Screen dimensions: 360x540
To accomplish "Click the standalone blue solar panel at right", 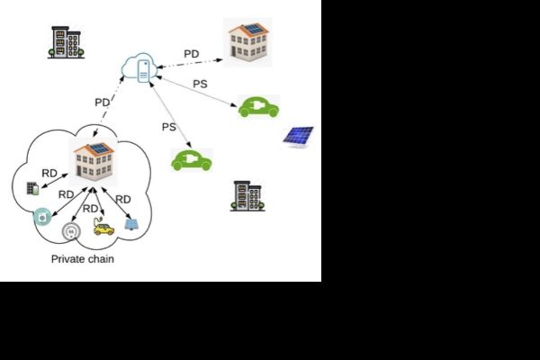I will point(298,136).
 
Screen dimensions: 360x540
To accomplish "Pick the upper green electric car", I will point(258,106).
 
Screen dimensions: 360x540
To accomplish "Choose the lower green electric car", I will point(191,160).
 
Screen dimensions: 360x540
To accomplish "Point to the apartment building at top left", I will point(67,41).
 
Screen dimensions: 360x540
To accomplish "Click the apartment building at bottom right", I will point(247,195).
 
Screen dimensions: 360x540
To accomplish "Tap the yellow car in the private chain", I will point(104,229).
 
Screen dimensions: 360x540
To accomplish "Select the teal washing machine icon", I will point(41,217).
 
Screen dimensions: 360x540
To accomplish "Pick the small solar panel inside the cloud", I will point(131,223).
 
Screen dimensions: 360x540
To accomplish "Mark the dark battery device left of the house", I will point(33,188).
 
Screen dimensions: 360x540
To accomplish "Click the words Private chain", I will point(82,259).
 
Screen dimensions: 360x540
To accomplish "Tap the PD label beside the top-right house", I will point(192,54).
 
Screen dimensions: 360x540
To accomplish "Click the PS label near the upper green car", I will point(201,84).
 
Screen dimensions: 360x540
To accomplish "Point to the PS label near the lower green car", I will point(168,127).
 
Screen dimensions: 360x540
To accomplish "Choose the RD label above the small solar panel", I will point(123,199).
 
